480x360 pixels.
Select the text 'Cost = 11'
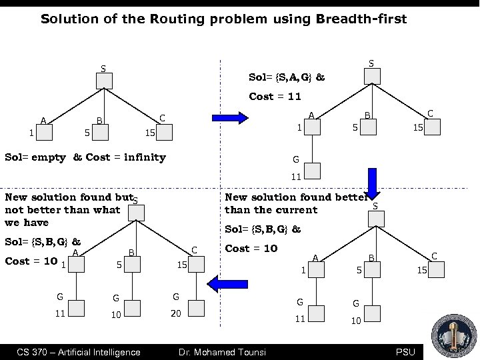coord(275,96)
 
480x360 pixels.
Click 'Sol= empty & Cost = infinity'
coord(85,157)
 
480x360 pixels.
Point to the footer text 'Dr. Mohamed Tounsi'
coord(221,352)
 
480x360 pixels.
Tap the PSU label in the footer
coord(405,352)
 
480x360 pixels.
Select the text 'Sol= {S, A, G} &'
coord(287,77)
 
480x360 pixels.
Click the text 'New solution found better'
coord(296,197)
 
